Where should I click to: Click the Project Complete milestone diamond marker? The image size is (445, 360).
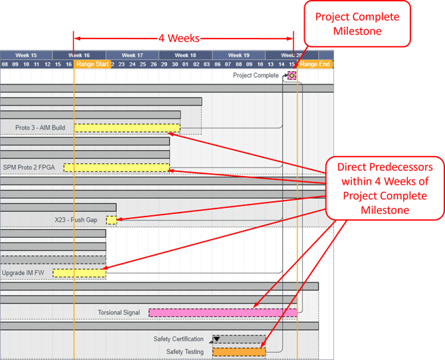[292, 76]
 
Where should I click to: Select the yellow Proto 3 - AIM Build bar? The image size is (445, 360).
[127, 128]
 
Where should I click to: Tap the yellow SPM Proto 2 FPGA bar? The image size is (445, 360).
[116, 167]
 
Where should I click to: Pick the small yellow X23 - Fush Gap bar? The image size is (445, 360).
[111, 220]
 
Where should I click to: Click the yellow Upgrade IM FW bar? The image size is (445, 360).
[79, 273]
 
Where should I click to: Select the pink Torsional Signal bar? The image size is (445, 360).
[222, 312]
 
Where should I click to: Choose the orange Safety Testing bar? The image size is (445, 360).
[239, 352]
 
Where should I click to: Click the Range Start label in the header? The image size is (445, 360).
[92, 64]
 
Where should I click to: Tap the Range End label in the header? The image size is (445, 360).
[314, 64]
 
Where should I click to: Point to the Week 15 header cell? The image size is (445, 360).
[26, 55]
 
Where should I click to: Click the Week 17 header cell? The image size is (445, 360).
[132, 55]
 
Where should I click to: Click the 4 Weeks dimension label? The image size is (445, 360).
[179, 39]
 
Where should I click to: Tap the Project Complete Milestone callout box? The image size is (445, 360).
[357, 24]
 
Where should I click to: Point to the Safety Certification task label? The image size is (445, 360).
[179, 339]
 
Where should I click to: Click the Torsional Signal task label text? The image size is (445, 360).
[119, 312]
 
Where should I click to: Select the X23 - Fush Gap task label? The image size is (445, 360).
[76, 220]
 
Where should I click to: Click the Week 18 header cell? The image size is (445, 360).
[185, 55]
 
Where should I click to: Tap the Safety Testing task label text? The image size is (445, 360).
[185, 352]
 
